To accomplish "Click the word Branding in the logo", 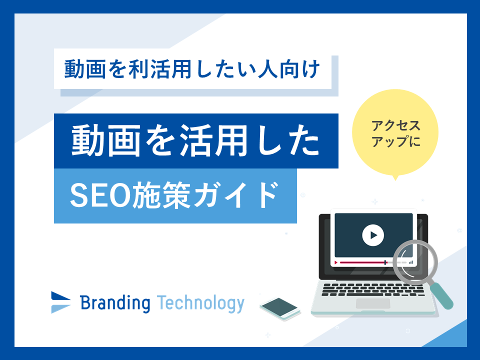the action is tap(115, 303).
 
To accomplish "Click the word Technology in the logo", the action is tap(200, 303).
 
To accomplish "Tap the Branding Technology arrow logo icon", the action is tap(60, 302).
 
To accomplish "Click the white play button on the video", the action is tap(373, 235).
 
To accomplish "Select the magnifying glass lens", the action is tap(415, 262).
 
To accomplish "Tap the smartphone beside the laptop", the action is tap(280, 308).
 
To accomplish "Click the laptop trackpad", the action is tap(373, 303).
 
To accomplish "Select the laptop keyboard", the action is tap(373, 289).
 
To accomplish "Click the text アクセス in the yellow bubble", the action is tap(396, 126).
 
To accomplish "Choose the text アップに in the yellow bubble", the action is tap(396, 141).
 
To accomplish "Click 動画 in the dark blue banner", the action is tap(106, 140).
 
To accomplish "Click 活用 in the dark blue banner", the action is tap(213, 140).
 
